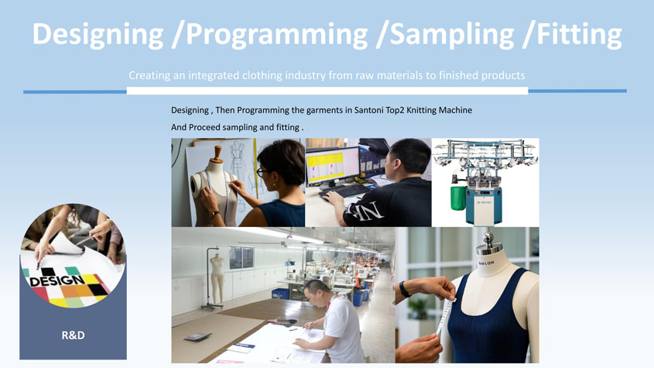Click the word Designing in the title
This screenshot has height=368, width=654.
coord(98,35)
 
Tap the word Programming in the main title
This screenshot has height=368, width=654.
coord(277,35)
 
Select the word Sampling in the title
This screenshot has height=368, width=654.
coord(452,35)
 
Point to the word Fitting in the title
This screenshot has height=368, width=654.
coord(580,35)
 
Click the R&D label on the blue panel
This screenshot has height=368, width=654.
coord(73,335)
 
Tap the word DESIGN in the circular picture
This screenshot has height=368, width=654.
coord(57,280)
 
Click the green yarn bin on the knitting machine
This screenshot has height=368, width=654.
coord(458,198)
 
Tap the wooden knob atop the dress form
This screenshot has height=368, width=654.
coord(217,153)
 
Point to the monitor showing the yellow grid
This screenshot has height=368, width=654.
coord(333,167)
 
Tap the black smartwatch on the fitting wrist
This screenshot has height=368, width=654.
coord(404,289)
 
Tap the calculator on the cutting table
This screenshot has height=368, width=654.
coord(198,337)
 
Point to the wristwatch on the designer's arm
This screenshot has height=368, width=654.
coord(214,215)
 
